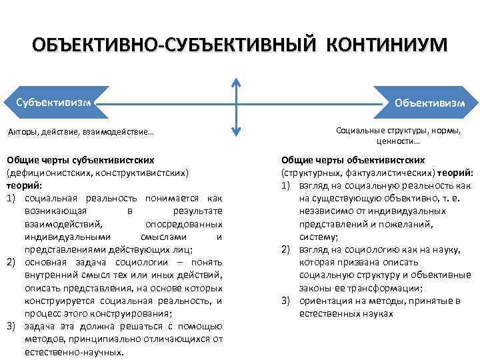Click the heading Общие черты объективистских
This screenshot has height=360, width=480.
coord(353,160)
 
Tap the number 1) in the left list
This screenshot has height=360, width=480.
coord(11,198)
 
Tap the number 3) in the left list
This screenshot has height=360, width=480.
coord(11,326)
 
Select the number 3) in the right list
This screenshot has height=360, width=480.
coord(286,301)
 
